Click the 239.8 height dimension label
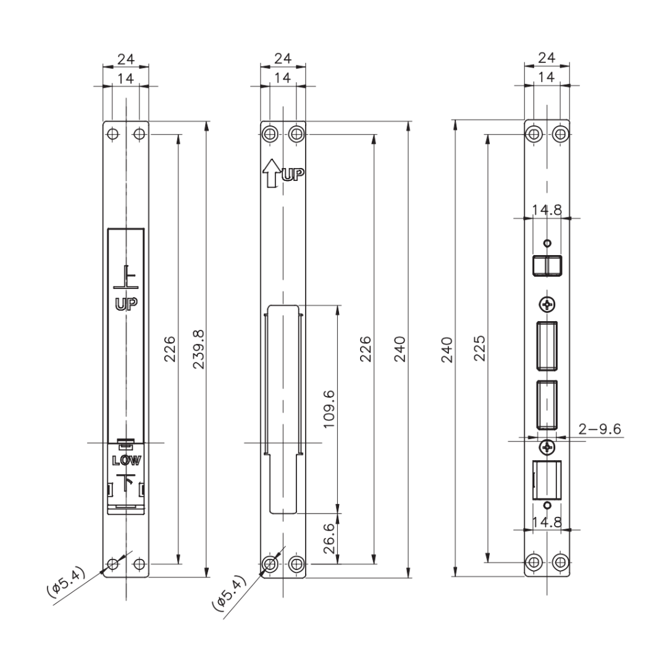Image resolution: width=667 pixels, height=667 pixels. pyautogui.click(x=199, y=349)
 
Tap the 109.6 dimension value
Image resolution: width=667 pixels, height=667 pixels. pyautogui.click(x=329, y=409)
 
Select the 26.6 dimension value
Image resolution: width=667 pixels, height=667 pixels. pyautogui.click(x=329, y=538)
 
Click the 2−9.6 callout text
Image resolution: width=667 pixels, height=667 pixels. pyautogui.click(x=599, y=429)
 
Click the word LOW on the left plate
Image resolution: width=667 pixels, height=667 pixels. pyautogui.click(x=126, y=460)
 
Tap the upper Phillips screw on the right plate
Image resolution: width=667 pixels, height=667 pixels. pyautogui.click(x=547, y=304)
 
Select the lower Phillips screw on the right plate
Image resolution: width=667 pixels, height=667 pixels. pyautogui.click(x=547, y=447)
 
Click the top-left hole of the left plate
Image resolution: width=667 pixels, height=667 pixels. pyautogui.click(x=112, y=135)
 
